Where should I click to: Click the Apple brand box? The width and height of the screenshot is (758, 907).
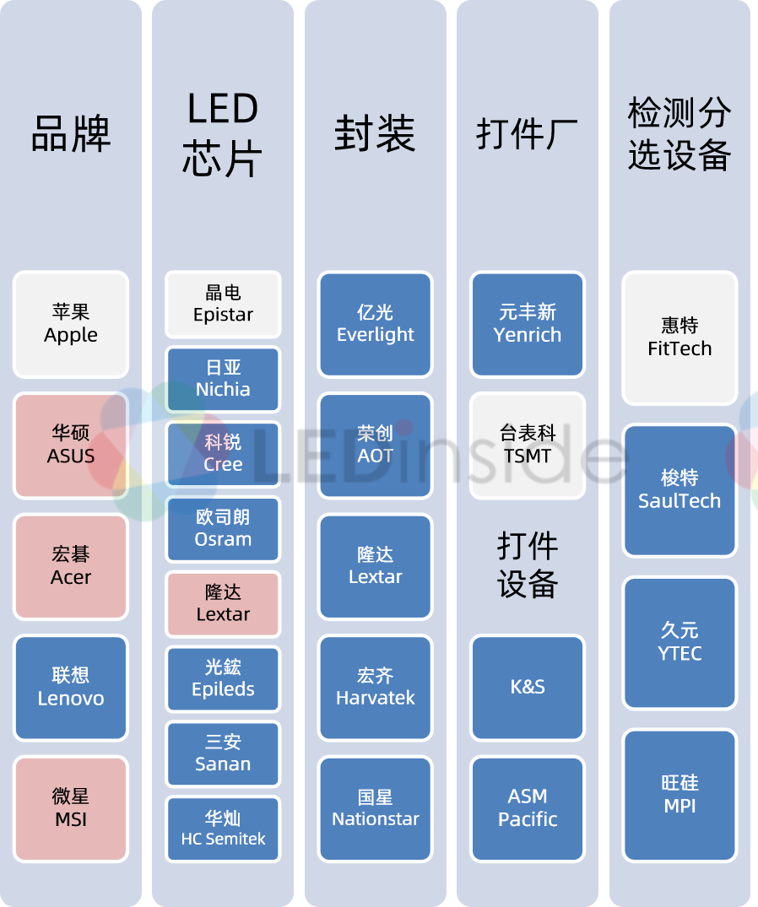click(x=71, y=324)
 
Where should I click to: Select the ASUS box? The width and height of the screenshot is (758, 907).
click(x=71, y=445)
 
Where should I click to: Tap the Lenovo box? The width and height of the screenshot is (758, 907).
click(x=71, y=688)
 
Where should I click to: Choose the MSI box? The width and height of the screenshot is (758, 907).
click(x=71, y=808)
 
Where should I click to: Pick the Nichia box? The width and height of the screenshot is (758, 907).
click(x=223, y=379)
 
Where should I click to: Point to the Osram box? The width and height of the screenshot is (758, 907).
click(x=223, y=529)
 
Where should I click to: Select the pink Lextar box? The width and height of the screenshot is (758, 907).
click(x=223, y=604)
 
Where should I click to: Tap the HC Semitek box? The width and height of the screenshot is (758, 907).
click(x=223, y=829)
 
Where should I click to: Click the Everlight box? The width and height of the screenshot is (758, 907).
click(x=376, y=324)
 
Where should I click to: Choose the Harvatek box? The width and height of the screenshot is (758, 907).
click(x=376, y=688)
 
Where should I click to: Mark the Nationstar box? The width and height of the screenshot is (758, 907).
click(x=376, y=808)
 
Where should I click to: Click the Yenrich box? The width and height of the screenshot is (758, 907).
click(x=528, y=324)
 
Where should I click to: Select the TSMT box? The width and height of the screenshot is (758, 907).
click(x=528, y=445)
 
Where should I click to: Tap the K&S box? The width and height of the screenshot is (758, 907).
click(x=528, y=688)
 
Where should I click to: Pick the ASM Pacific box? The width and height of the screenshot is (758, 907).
click(x=528, y=808)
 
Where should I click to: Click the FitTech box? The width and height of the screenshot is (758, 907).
click(x=679, y=337)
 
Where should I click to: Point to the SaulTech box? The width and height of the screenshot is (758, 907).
click(x=679, y=490)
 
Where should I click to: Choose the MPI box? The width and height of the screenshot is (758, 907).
click(x=679, y=795)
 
